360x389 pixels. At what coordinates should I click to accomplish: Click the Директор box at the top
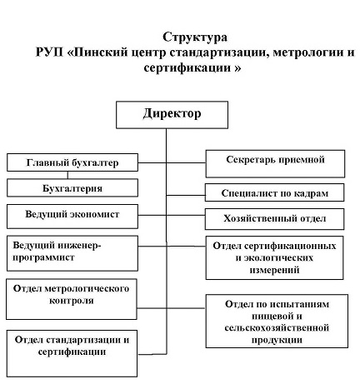point(171,112)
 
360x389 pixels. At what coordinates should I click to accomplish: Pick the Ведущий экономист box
point(72,215)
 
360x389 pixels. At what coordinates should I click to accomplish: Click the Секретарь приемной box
point(276,160)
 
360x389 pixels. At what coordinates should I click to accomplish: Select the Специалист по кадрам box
point(276,192)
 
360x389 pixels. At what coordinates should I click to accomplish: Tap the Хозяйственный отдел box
point(276,219)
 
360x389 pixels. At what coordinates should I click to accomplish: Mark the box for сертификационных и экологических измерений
point(276,257)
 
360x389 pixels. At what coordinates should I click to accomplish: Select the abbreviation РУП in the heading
point(51,53)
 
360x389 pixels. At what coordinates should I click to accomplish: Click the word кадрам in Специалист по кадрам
point(307,192)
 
